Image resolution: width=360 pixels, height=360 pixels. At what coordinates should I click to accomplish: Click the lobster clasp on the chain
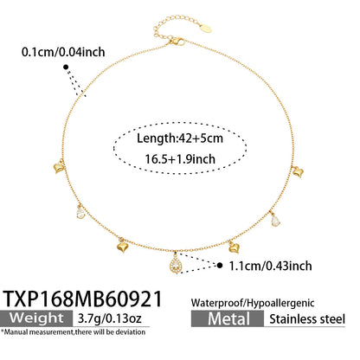(177, 42)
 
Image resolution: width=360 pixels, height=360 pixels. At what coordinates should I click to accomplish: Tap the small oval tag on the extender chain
(205, 29)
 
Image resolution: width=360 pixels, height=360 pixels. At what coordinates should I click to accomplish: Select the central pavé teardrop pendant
(175, 264)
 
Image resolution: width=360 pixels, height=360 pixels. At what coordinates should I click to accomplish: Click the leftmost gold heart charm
(59, 167)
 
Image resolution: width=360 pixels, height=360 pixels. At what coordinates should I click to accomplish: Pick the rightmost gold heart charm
(298, 172)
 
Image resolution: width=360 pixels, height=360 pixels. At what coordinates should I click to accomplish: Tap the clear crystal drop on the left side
(80, 213)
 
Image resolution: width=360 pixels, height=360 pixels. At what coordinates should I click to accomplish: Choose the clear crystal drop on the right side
(275, 220)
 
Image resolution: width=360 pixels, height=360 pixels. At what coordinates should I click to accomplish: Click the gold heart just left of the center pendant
(123, 247)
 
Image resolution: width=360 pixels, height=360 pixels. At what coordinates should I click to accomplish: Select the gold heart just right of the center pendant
(234, 247)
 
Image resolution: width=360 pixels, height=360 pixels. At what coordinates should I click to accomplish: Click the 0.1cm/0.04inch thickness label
(63, 52)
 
